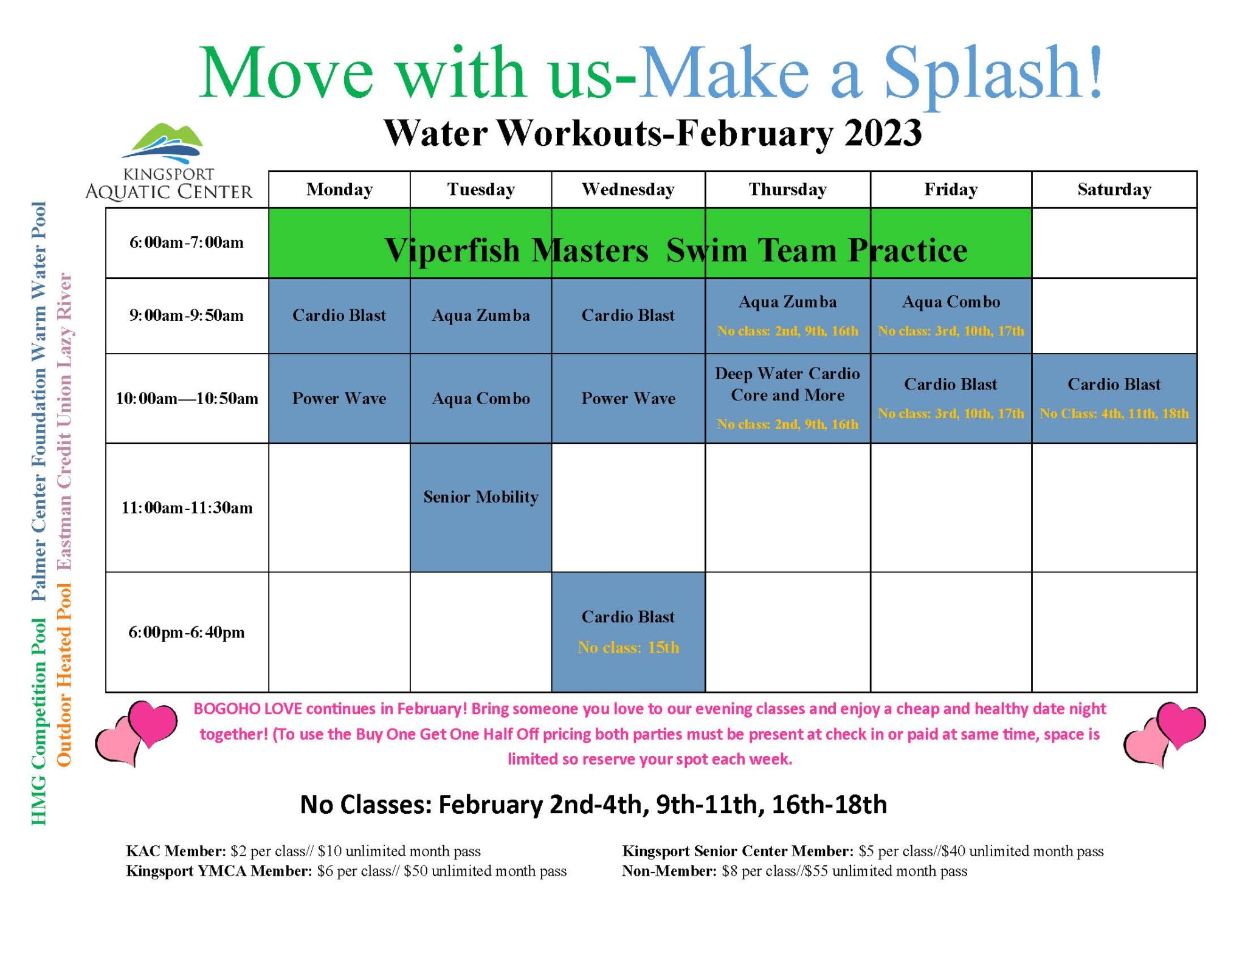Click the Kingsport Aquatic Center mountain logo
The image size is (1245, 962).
point(162,143)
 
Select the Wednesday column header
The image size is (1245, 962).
point(627,190)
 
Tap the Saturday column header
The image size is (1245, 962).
point(1113,190)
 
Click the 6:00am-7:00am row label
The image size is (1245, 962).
point(186,242)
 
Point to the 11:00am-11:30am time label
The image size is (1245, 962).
point(186,507)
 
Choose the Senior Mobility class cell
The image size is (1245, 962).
point(480,497)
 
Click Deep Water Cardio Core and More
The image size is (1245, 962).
point(787,384)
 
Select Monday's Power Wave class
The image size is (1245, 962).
point(339,399)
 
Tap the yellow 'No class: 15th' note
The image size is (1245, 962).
point(627,647)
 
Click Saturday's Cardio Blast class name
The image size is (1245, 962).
point(1113,384)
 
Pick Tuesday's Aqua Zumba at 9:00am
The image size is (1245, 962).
point(480,315)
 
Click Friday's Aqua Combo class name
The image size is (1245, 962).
point(950,302)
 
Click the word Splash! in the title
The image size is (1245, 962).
point(992,73)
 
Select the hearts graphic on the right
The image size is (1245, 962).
point(1164,734)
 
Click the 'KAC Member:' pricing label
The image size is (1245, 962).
point(176,851)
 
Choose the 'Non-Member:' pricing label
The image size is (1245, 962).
point(669,871)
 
